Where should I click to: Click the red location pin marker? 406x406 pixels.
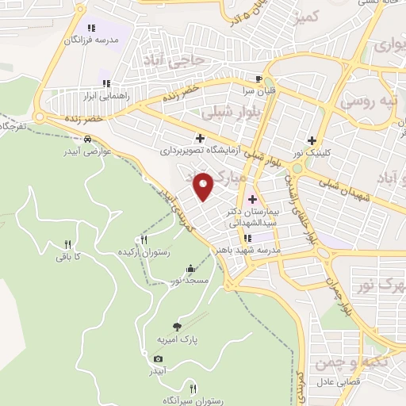pyautogui.click(x=204, y=186)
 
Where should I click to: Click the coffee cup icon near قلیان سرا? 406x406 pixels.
pyautogui.click(x=259, y=79)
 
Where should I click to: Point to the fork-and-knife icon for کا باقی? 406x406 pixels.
pyautogui.click(x=67, y=244)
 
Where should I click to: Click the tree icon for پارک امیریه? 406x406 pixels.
pyautogui.click(x=177, y=326)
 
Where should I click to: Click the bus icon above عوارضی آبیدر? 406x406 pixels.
pyautogui.click(x=106, y=136)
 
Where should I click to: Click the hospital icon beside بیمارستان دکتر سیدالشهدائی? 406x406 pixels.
pyautogui.click(x=254, y=198)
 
